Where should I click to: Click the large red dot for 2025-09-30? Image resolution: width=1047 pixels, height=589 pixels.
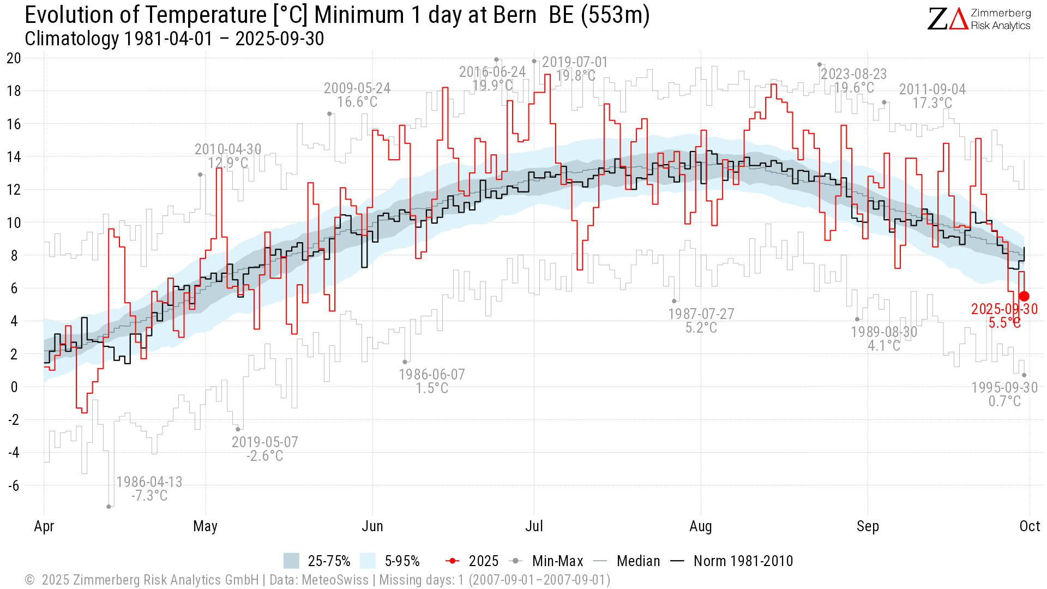click(1024, 296)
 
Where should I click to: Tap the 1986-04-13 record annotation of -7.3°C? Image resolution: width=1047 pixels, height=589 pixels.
click(149, 489)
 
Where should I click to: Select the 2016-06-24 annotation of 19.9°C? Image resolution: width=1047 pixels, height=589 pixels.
click(492, 79)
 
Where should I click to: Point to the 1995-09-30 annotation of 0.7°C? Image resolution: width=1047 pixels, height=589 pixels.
click(1004, 394)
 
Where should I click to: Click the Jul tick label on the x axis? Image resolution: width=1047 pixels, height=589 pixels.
click(534, 526)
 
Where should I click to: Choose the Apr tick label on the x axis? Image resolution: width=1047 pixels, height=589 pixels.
click(44, 526)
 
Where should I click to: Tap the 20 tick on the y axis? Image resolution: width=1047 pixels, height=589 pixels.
click(14, 58)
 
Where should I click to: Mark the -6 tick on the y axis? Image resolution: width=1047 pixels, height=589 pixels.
click(14, 485)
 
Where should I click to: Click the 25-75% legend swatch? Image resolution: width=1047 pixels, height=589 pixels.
click(291, 561)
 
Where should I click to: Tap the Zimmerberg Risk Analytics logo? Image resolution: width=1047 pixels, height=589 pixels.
click(979, 19)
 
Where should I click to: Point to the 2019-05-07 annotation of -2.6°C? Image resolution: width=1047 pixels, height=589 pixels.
click(265, 449)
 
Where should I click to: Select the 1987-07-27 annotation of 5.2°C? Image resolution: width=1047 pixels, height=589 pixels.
click(701, 321)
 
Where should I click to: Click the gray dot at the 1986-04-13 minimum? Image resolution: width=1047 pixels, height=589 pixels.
click(109, 507)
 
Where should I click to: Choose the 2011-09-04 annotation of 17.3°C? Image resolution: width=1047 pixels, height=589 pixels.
click(932, 96)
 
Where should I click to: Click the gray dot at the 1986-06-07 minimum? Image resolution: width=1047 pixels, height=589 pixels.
click(405, 362)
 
